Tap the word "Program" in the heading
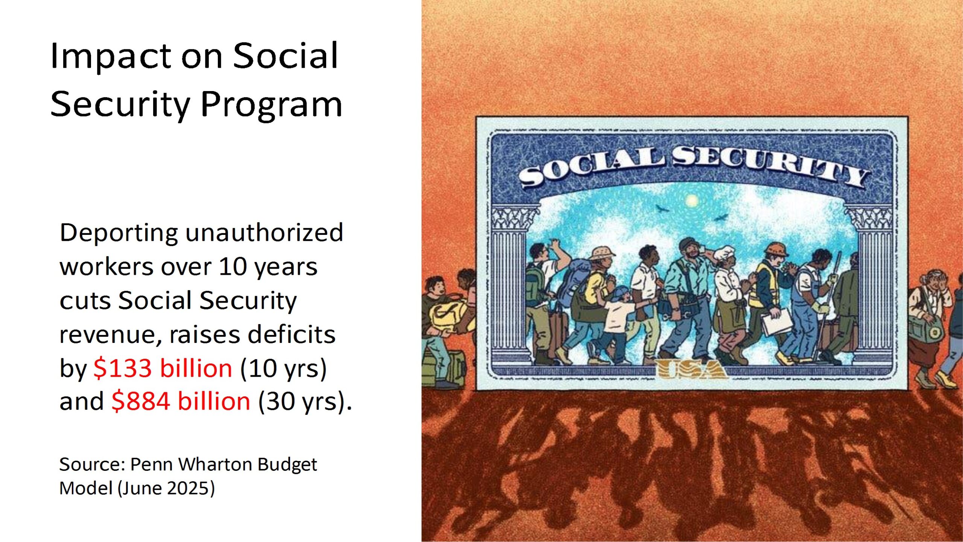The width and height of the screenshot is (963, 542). [x=272, y=105]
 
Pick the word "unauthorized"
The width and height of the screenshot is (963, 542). [x=264, y=232]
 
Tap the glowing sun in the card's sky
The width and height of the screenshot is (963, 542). [x=691, y=201]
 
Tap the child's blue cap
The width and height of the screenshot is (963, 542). [x=621, y=292]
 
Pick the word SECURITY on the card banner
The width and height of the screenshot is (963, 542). [x=771, y=166]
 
